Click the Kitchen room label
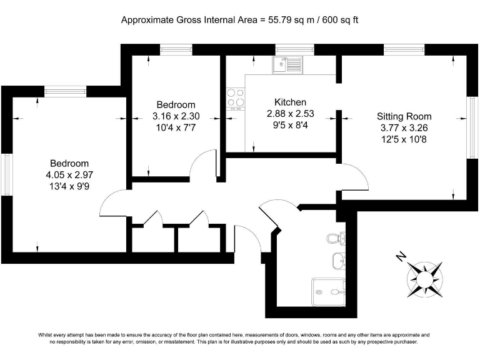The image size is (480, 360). pos(290,102)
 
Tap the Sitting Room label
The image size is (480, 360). pos(404,116)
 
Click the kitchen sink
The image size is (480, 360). pos(287,63)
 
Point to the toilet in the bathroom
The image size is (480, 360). pos(334,237)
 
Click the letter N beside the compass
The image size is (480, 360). pos(401,256)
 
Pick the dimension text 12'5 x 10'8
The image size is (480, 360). pos(404,139)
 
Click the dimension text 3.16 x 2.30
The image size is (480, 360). pos(176,116)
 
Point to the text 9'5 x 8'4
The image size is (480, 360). pos(290,125)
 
